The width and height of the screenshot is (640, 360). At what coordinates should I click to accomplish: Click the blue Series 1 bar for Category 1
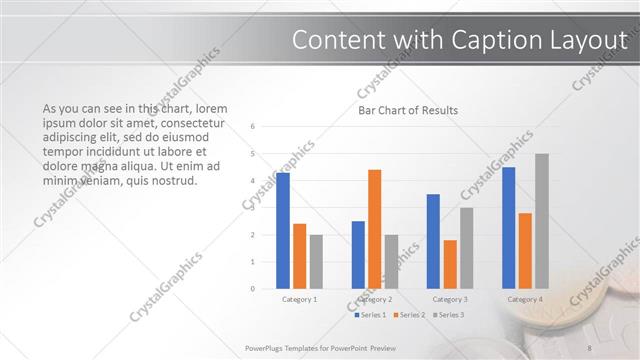[283, 231]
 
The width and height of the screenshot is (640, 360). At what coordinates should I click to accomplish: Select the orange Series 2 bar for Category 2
[375, 229]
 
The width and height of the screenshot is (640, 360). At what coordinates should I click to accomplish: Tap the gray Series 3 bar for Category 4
[541, 221]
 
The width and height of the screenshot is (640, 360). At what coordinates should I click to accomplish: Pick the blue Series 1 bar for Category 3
[433, 241]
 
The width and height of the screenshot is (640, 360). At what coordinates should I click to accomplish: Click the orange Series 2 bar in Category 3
[450, 264]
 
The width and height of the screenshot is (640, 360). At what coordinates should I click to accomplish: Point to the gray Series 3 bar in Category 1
[316, 262]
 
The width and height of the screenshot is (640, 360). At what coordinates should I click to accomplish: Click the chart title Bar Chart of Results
[408, 111]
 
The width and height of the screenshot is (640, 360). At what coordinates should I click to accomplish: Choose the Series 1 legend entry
[371, 315]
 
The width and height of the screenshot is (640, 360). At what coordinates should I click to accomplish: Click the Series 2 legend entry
[409, 315]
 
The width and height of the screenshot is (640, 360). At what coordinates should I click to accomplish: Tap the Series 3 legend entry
[447, 315]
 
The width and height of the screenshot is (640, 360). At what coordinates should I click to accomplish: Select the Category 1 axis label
[300, 299]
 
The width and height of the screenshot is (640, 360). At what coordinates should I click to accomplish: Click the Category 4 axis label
[525, 299]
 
